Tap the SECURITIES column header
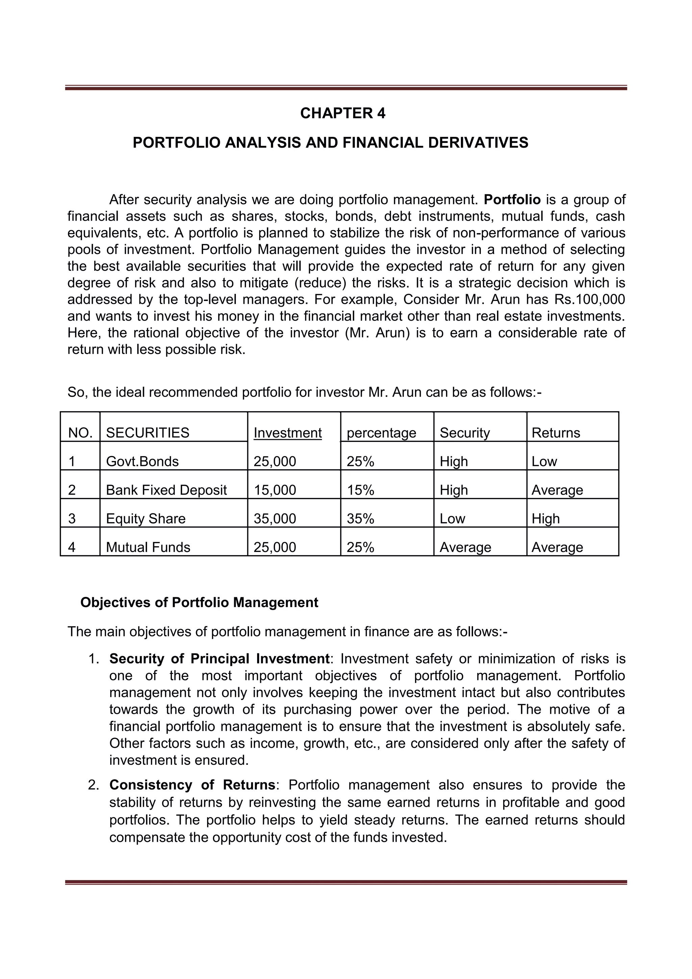148,433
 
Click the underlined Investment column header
287,433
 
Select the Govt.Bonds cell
142,461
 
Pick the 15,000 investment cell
275,490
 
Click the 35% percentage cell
360,519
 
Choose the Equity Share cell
146,519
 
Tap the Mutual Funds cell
148,547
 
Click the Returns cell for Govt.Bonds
544,461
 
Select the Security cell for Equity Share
452,519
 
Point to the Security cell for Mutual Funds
465,547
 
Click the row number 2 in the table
72,490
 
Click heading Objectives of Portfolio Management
199,602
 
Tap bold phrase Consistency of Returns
192,785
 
